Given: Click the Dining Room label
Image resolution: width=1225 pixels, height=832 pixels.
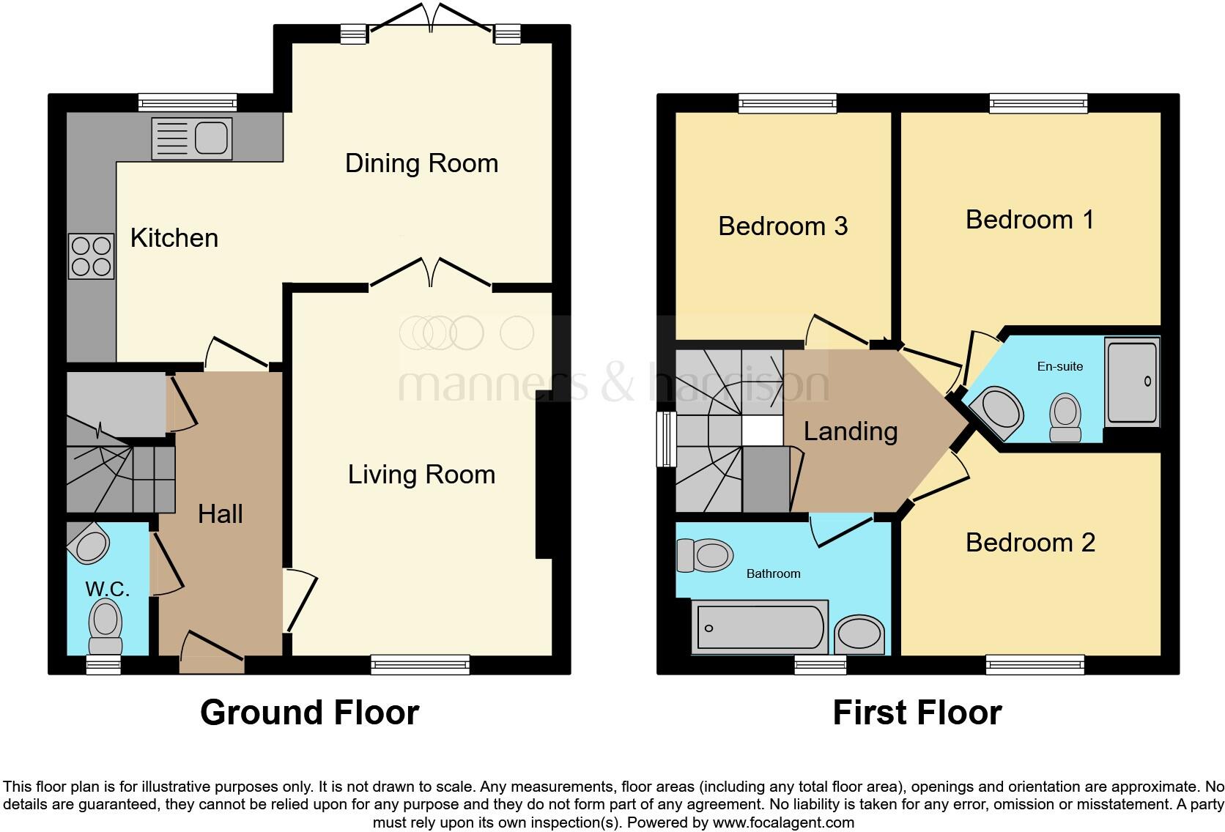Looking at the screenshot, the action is (x=421, y=163).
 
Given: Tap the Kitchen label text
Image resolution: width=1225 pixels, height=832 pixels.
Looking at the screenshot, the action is (x=174, y=238).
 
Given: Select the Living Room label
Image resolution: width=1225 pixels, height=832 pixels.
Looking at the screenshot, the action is (x=421, y=475).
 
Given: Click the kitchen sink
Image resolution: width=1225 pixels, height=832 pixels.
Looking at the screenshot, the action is (x=192, y=138).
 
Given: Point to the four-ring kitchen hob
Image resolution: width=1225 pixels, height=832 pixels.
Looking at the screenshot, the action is (x=92, y=256).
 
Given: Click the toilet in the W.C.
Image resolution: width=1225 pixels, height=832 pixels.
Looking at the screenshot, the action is (x=106, y=626).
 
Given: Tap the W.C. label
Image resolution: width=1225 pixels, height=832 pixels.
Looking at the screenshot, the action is (x=107, y=589).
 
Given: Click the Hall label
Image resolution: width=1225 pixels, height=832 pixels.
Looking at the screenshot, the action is (x=221, y=514).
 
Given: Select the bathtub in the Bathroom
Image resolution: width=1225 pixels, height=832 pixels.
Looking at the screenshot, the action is (x=760, y=627).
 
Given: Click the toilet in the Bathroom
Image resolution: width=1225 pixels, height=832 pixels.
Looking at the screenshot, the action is (x=705, y=555).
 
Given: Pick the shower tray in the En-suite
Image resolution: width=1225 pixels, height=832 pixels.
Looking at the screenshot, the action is (x=1132, y=382).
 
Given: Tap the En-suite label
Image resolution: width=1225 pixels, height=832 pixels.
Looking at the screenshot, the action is (x=1060, y=366).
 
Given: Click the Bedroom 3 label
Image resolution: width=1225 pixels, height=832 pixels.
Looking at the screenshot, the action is (x=782, y=226).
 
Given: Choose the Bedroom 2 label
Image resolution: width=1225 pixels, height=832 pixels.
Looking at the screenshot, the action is (x=1030, y=543).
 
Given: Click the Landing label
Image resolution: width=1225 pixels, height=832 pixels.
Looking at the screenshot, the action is (x=851, y=432).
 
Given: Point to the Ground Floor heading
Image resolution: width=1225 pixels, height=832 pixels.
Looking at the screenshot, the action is (x=309, y=713).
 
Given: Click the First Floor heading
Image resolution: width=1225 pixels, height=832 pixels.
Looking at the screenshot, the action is (x=917, y=713).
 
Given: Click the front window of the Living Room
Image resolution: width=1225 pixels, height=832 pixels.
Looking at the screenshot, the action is (x=420, y=664).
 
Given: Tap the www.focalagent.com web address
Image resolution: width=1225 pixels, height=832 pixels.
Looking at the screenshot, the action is (x=783, y=822).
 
